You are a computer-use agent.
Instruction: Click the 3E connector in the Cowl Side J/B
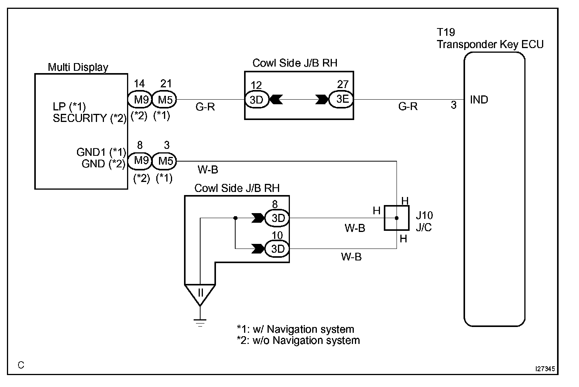click(x=341, y=100)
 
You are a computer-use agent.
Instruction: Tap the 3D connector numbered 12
click(x=256, y=100)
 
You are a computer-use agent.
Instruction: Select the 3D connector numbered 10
click(x=277, y=249)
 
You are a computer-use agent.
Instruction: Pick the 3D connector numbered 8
click(x=277, y=218)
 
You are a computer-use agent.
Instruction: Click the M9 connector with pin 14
click(x=140, y=100)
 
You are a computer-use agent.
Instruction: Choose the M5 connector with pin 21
click(x=165, y=100)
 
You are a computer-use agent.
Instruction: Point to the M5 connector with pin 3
click(x=165, y=161)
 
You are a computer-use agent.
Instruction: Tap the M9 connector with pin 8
click(x=140, y=161)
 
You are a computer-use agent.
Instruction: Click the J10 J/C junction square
click(x=397, y=218)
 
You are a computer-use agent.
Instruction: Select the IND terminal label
click(x=479, y=100)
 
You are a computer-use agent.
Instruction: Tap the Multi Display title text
click(x=78, y=67)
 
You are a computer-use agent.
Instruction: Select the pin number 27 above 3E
click(x=343, y=84)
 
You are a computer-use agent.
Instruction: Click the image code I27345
click(x=545, y=369)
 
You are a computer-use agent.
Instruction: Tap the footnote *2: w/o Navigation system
click(x=298, y=340)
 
